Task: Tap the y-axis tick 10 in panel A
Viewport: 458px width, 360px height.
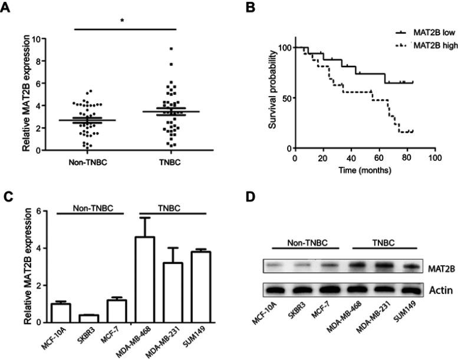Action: [36, 39]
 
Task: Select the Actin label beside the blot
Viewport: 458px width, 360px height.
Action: [437, 290]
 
